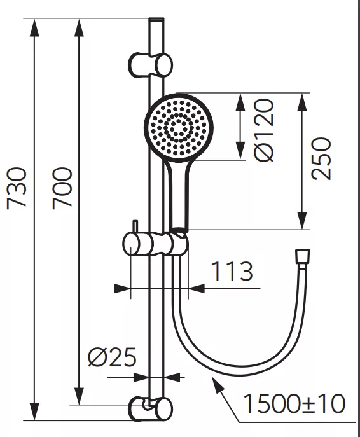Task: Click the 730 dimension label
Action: (x=17, y=187)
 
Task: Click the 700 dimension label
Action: (x=62, y=188)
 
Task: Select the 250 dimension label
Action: (x=322, y=158)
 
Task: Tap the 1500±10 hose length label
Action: (x=294, y=403)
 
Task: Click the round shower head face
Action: (x=179, y=128)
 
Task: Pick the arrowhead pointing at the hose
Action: (x=217, y=381)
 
